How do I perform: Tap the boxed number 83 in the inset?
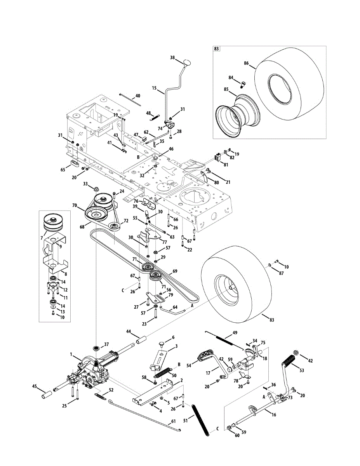click(216, 49)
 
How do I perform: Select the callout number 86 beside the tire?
click(246, 63)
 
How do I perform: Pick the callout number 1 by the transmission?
click(71, 354)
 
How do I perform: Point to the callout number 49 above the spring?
click(235, 333)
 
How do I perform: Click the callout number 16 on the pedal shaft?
click(274, 415)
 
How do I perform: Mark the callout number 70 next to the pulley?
click(75, 205)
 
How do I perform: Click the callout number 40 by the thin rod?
click(137, 96)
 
